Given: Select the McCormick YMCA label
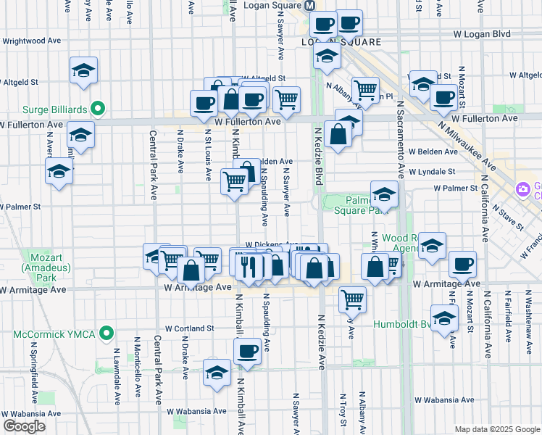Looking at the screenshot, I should (x=57, y=335).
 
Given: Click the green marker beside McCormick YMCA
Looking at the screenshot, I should (x=107, y=334).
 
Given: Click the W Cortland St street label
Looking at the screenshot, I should (x=189, y=328).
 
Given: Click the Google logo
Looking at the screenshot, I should (x=24, y=426).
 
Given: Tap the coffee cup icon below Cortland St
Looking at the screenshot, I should (x=247, y=351).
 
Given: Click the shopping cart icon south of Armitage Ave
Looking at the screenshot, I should (x=352, y=297).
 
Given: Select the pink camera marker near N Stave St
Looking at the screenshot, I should (x=522, y=190).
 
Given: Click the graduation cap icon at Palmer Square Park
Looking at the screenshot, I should (x=384, y=194).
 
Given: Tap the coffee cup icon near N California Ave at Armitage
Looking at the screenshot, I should (x=462, y=265).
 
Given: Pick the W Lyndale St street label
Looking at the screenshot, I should (x=431, y=173).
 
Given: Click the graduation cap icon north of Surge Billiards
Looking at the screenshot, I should (x=84, y=70).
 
